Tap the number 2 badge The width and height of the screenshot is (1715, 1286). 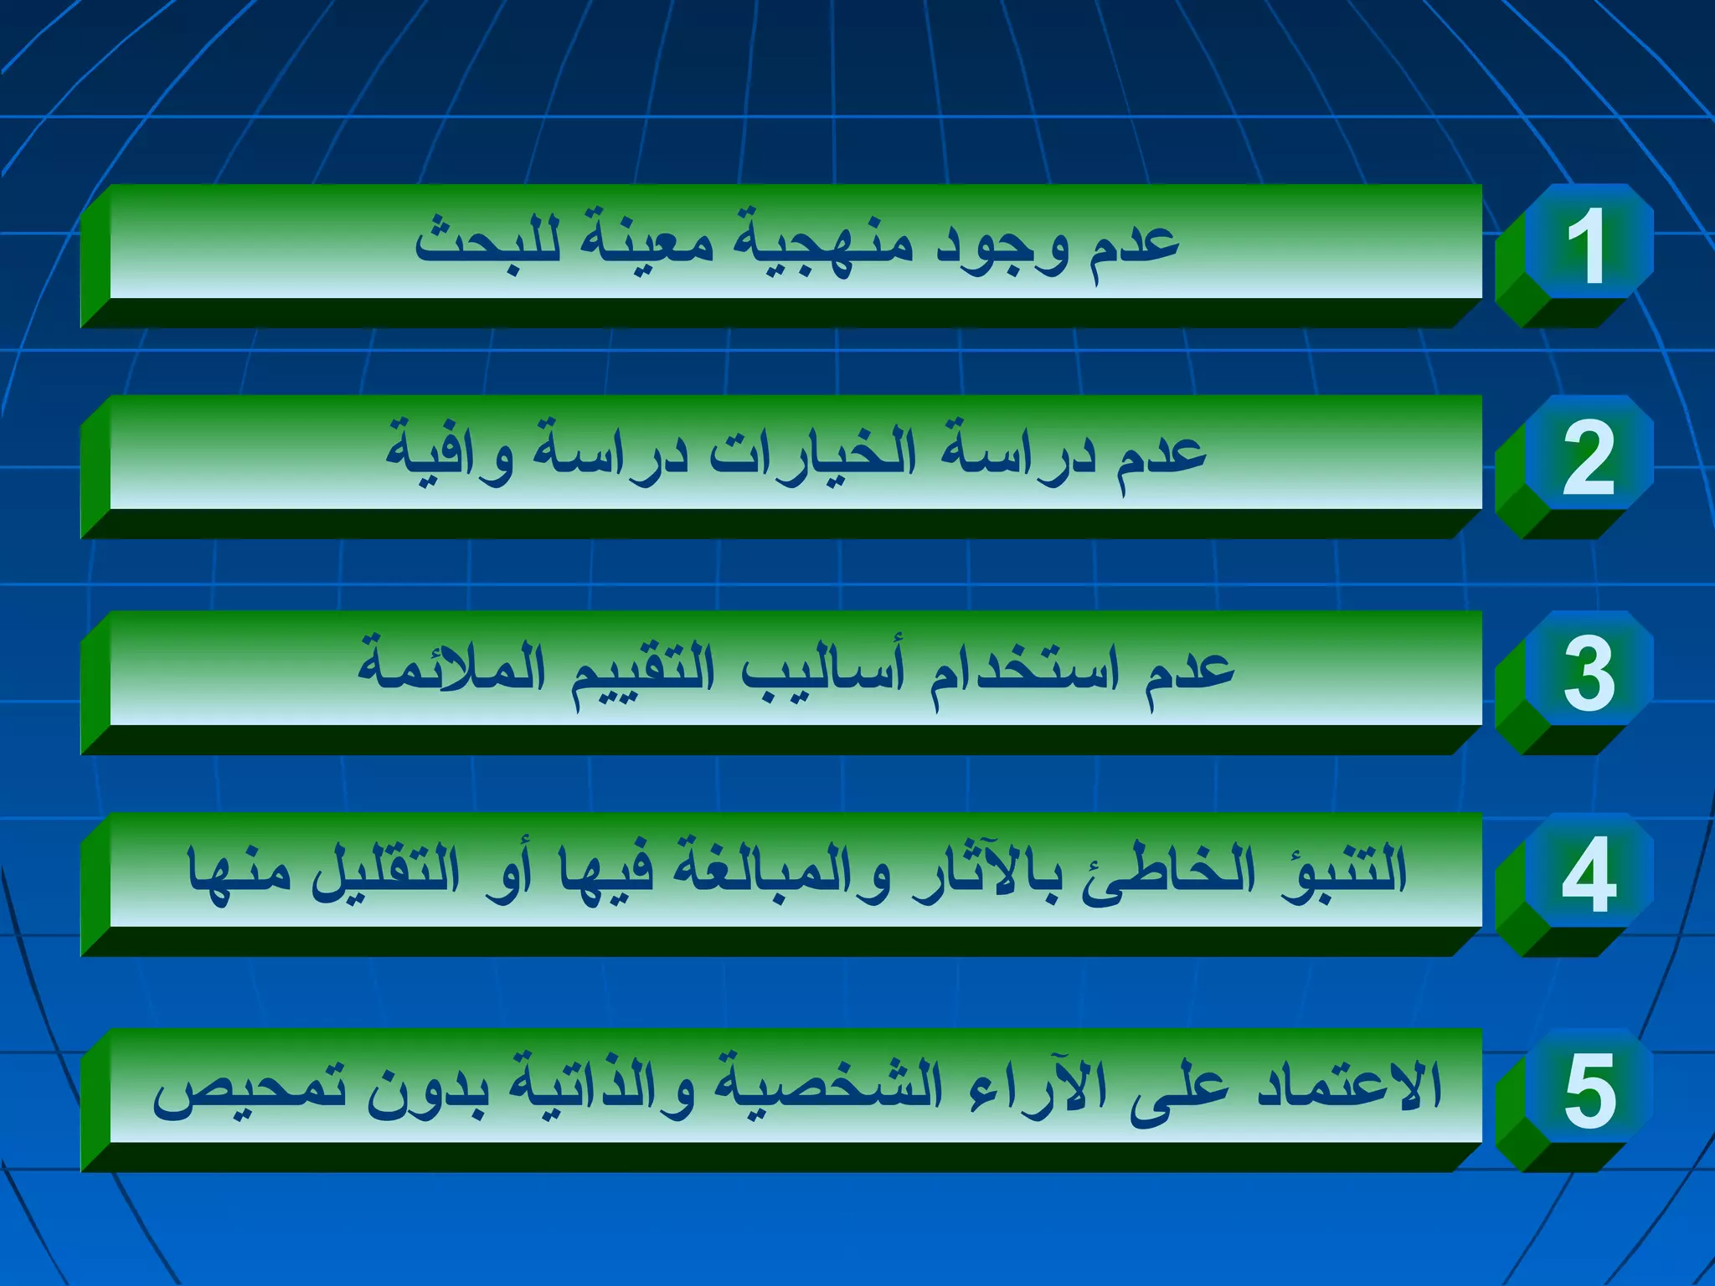pos(1588,456)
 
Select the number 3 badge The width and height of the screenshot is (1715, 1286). pos(1588,671)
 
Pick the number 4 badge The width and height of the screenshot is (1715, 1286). pos(1588,874)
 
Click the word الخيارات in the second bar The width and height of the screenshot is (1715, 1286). pos(812,454)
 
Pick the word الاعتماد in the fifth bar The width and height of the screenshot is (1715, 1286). pos(1349,1086)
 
